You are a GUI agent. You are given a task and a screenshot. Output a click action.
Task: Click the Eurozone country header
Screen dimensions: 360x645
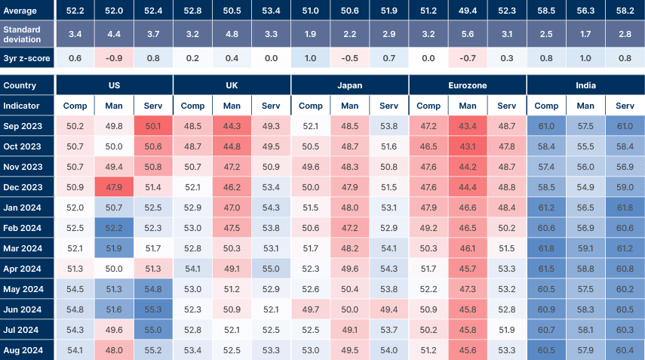pos(468,85)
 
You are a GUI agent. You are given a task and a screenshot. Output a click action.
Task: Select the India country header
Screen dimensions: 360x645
pos(585,85)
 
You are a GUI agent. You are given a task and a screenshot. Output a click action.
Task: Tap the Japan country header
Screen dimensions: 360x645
pos(349,85)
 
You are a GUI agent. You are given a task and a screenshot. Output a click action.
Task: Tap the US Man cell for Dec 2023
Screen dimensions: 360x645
pos(115,186)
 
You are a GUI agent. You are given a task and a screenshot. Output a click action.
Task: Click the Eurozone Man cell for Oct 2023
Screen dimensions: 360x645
pos(468,146)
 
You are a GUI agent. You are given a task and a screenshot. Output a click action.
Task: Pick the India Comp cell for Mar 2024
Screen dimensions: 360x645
pos(547,248)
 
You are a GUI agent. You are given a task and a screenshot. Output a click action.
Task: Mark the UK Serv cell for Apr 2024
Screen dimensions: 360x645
pos(270,268)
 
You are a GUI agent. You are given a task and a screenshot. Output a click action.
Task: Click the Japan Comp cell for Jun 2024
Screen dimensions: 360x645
pos(310,309)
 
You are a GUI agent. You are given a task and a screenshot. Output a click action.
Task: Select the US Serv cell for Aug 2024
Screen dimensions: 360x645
pos(153,349)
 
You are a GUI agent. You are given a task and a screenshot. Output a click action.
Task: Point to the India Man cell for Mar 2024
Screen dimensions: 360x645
pos(585,248)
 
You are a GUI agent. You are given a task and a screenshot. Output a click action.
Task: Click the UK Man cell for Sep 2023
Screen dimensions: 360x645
pos(232,125)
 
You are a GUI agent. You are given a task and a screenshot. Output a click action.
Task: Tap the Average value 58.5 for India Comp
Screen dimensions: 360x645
pos(547,10)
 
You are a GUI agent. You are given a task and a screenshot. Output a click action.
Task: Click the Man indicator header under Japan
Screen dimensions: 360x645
pos(349,106)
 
